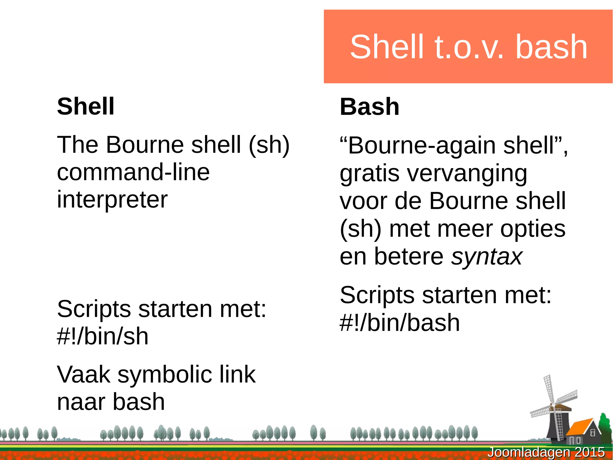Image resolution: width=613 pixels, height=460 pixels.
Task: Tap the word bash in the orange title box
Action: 551,47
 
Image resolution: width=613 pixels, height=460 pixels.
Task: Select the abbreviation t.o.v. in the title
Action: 469,47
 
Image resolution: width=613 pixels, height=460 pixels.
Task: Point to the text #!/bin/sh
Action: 103,336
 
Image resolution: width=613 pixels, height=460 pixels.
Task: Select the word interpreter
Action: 112,200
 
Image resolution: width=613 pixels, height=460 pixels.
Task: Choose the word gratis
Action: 369,174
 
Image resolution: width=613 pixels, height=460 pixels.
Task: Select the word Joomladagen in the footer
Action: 529,452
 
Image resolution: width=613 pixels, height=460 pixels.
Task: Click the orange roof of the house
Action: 579,427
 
